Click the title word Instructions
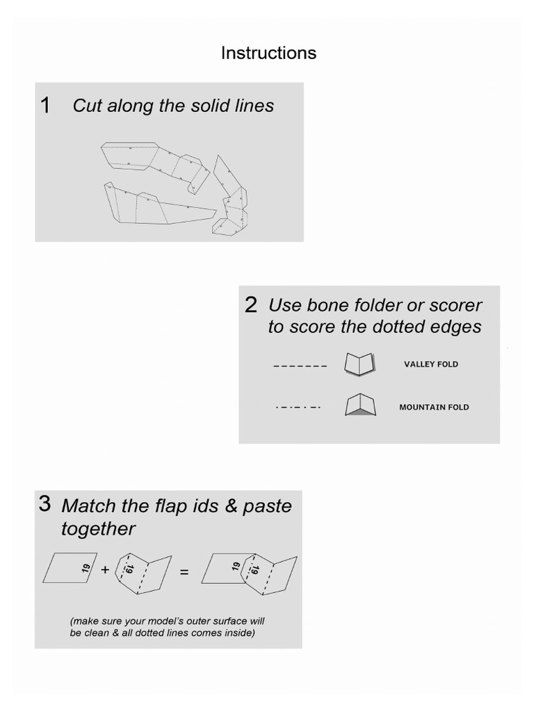[268, 53]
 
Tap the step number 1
[45, 106]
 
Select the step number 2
[250, 305]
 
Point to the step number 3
[45, 503]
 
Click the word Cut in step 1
[87, 106]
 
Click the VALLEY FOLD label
[431, 364]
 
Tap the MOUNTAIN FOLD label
[434, 407]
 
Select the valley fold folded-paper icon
[359, 364]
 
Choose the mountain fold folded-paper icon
[360, 405]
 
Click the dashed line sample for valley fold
[300, 366]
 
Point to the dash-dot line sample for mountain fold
[298, 407]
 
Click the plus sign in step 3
[106, 569]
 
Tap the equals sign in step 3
[184, 572]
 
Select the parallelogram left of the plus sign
[70, 567]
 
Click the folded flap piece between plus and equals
[143, 574]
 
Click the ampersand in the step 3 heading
[231, 506]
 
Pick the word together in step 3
[98, 529]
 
